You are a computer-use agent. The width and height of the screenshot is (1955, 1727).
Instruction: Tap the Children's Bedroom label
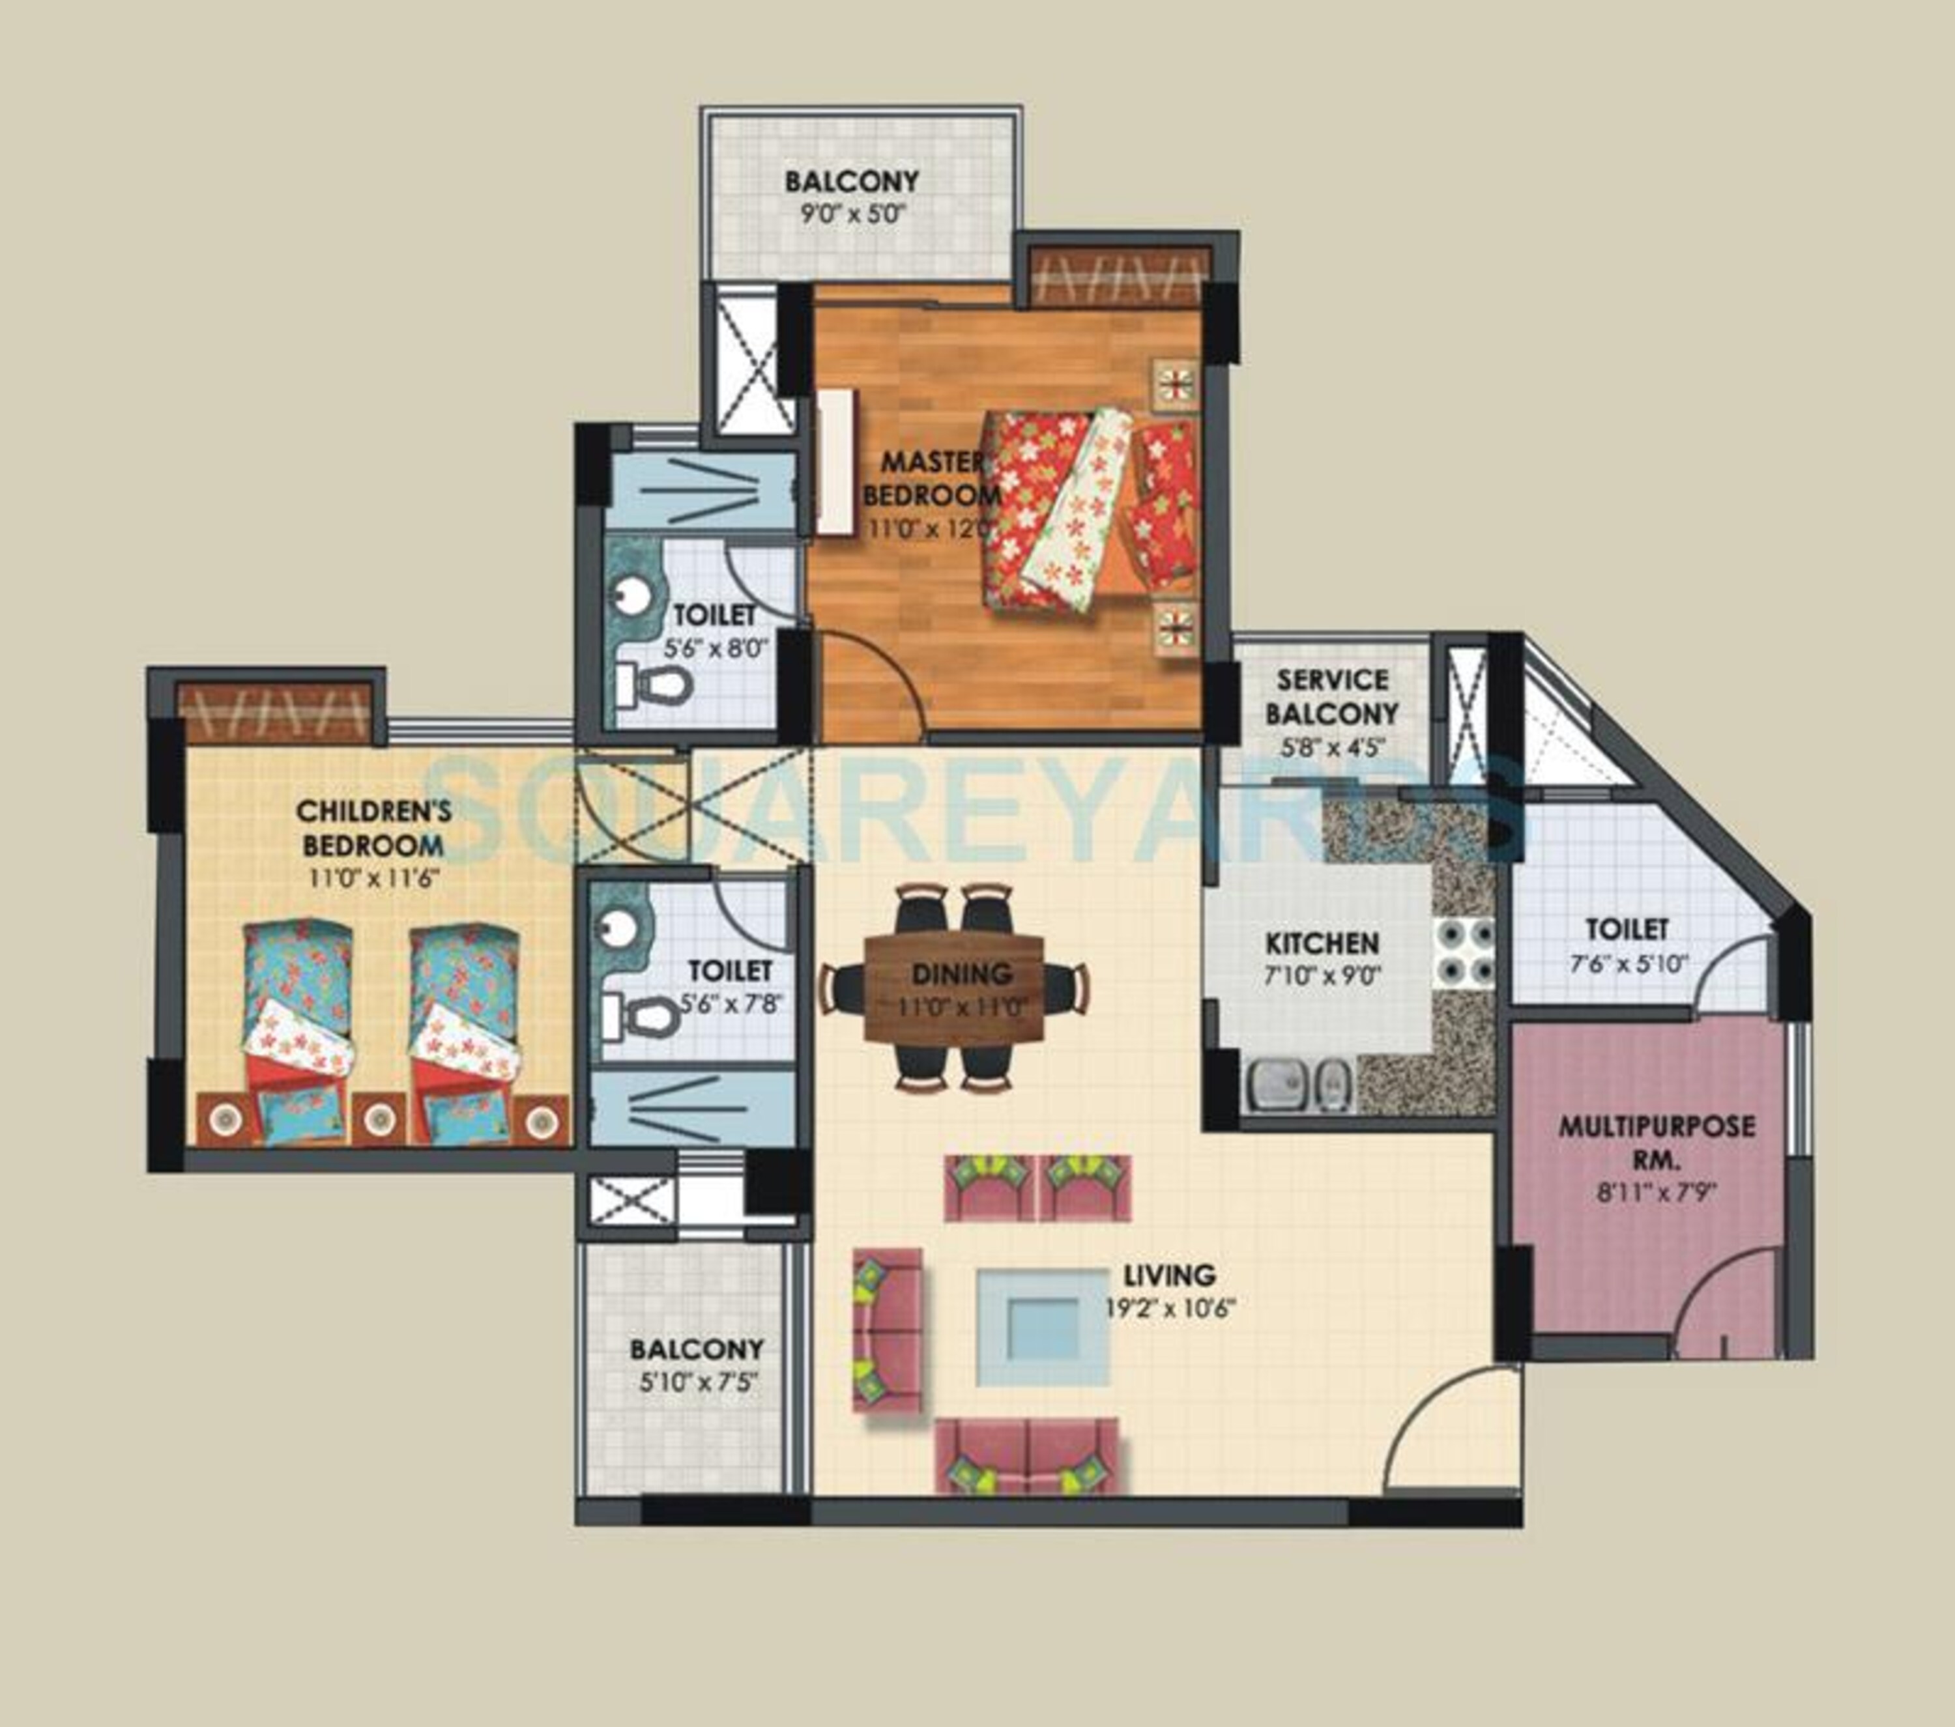click(373, 828)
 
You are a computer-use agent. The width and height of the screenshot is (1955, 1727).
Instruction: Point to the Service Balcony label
click(1333, 696)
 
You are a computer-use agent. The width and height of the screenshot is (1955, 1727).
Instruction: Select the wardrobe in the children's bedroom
click(274, 711)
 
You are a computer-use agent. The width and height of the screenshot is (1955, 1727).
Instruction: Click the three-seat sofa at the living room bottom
click(1026, 1457)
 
